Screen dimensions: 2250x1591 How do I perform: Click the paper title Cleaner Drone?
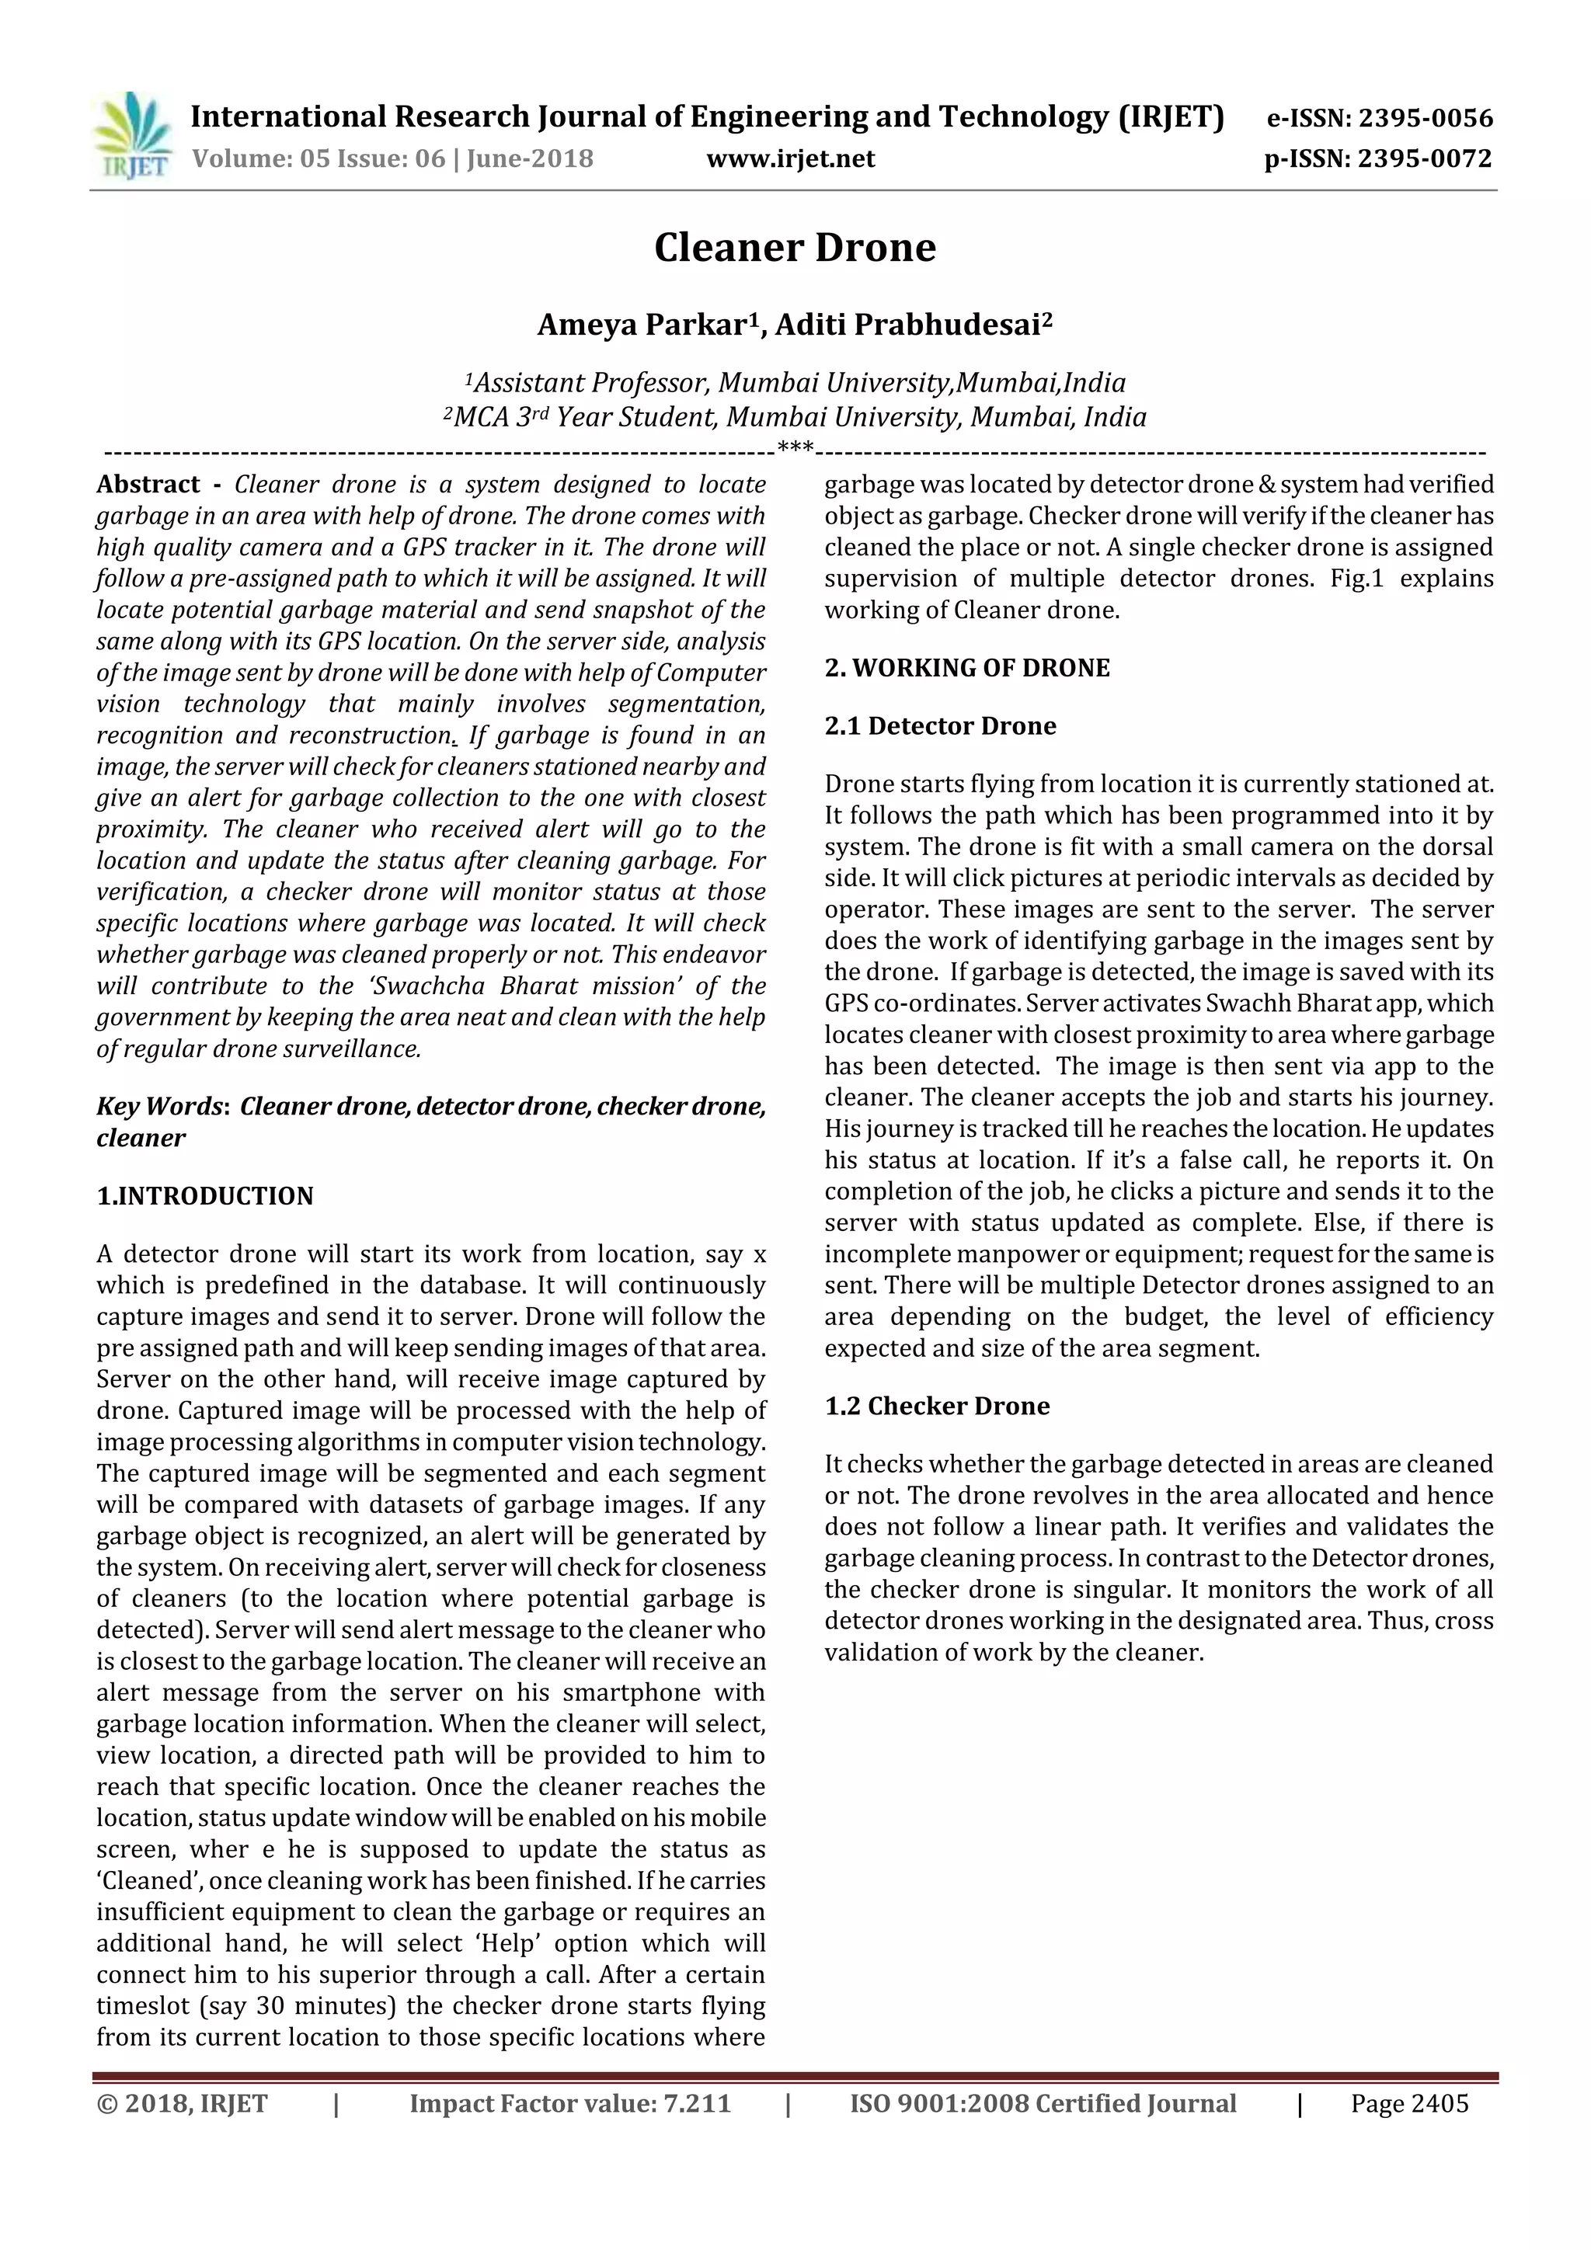pos(794,247)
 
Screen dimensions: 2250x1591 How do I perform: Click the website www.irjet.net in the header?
pos(790,158)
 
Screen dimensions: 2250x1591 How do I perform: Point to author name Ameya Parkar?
pos(642,325)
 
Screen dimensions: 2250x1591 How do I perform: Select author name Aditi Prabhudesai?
pos(907,325)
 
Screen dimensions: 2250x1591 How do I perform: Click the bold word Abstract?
pos(148,484)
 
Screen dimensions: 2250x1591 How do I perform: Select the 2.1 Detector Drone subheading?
pos(940,725)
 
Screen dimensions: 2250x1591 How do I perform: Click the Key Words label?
pos(162,1107)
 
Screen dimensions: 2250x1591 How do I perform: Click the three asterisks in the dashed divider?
pos(794,450)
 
